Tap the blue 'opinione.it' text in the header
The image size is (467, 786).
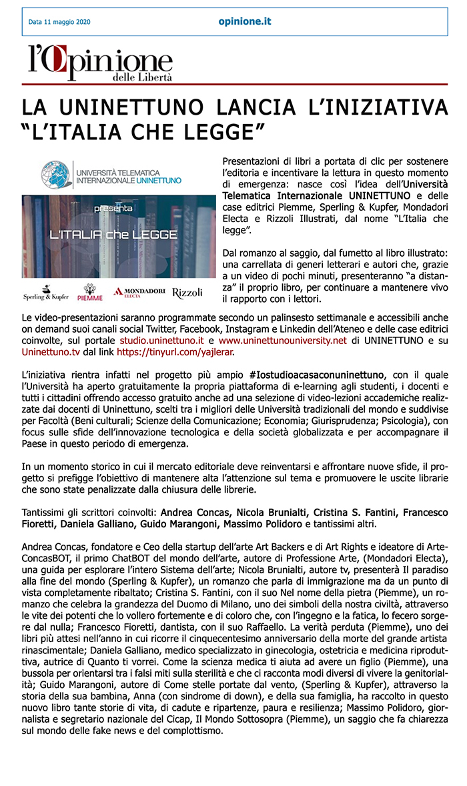pos(245,21)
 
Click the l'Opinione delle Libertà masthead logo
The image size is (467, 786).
pos(100,63)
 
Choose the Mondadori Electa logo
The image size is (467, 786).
pos(139,292)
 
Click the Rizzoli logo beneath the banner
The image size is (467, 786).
pos(187,293)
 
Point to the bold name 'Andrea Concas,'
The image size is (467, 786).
pos(190,513)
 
